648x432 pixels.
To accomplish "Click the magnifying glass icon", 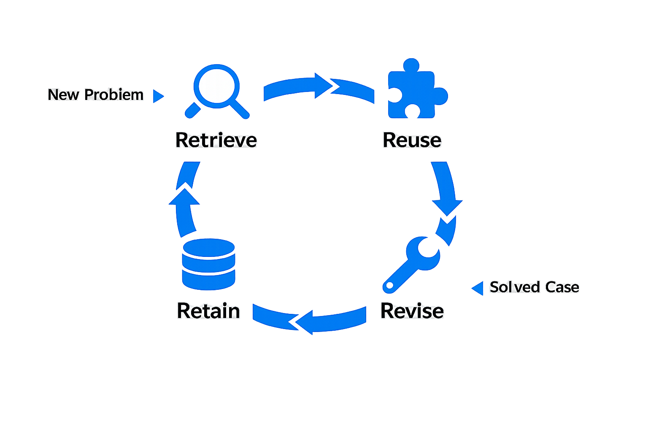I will pyautogui.click(x=217, y=90).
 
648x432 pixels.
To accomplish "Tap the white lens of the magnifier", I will pyautogui.click(x=217, y=86).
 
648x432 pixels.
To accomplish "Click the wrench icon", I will pyautogui.click(x=413, y=263).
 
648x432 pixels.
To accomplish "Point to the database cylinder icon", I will pyautogui.click(x=208, y=264).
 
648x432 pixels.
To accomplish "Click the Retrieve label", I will pyautogui.click(x=216, y=140).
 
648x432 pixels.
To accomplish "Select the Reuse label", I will pyautogui.click(x=412, y=140).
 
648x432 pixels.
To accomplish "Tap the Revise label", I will pyautogui.click(x=412, y=311).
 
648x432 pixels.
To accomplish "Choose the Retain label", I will pyautogui.click(x=208, y=311).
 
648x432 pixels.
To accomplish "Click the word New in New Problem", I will pyautogui.click(x=63, y=94).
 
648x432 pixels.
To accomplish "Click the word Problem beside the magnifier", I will pyautogui.click(x=113, y=94).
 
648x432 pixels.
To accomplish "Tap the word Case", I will pyautogui.click(x=562, y=287).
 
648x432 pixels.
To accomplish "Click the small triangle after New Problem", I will pyautogui.click(x=157, y=96).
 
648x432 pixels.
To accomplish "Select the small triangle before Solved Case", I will pyautogui.click(x=478, y=288).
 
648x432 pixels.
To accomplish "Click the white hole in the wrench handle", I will pyautogui.click(x=389, y=286).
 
